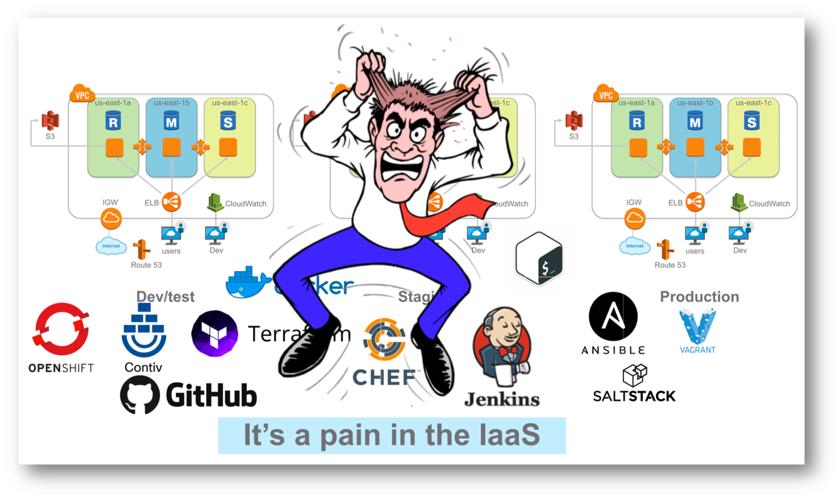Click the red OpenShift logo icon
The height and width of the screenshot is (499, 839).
(x=61, y=329)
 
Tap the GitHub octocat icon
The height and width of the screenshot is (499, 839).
(x=140, y=395)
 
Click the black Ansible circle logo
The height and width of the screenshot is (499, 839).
(x=613, y=317)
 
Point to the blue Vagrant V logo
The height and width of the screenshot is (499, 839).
(x=697, y=326)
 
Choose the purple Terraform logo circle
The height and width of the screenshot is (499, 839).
(x=215, y=333)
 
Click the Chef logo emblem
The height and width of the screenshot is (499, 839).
(x=384, y=339)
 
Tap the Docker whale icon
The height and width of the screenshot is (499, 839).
(x=248, y=283)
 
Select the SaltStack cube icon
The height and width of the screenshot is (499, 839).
(x=635, y=375)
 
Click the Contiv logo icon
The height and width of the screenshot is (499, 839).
(x=144, y=330)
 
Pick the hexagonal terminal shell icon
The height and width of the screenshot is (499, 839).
(x=539, y=259)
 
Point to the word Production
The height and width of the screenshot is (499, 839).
(x=699, y=297)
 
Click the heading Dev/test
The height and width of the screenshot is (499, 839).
(x=165, y=297)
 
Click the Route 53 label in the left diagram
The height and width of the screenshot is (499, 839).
(x=146, y=265)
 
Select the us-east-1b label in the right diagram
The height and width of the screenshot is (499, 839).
(x=695, y=103)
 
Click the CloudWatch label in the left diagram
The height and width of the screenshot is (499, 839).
(x=246, y=204)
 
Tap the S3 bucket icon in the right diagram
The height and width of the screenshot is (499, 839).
(x=574, y=121)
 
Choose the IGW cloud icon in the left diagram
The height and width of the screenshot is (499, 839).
(x=111, y=218)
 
